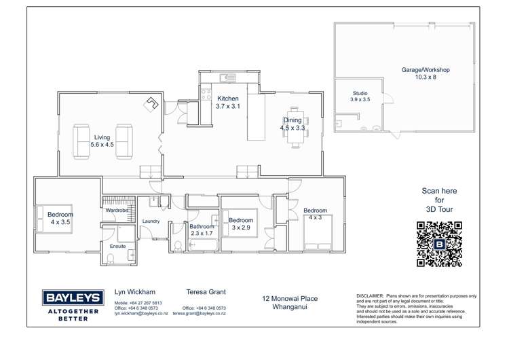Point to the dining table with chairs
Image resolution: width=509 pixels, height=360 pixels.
(295, 127)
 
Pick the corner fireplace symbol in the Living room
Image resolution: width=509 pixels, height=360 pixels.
(151, 104)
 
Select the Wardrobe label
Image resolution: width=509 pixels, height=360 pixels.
(117, 211)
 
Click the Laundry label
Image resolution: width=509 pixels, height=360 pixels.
(151, 221)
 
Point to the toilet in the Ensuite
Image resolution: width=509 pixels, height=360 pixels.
(110, 257)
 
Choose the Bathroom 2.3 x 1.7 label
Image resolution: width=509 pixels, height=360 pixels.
(202, 230)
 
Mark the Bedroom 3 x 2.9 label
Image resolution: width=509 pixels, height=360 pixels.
(240, 224)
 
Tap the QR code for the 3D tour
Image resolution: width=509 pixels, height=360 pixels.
(439, 244)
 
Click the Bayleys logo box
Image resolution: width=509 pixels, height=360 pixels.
(73, 298)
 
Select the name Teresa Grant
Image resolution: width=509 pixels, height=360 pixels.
(206, 292)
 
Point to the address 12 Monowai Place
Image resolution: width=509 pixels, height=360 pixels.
(290, 298)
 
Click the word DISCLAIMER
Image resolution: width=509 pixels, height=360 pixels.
(369, 297)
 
